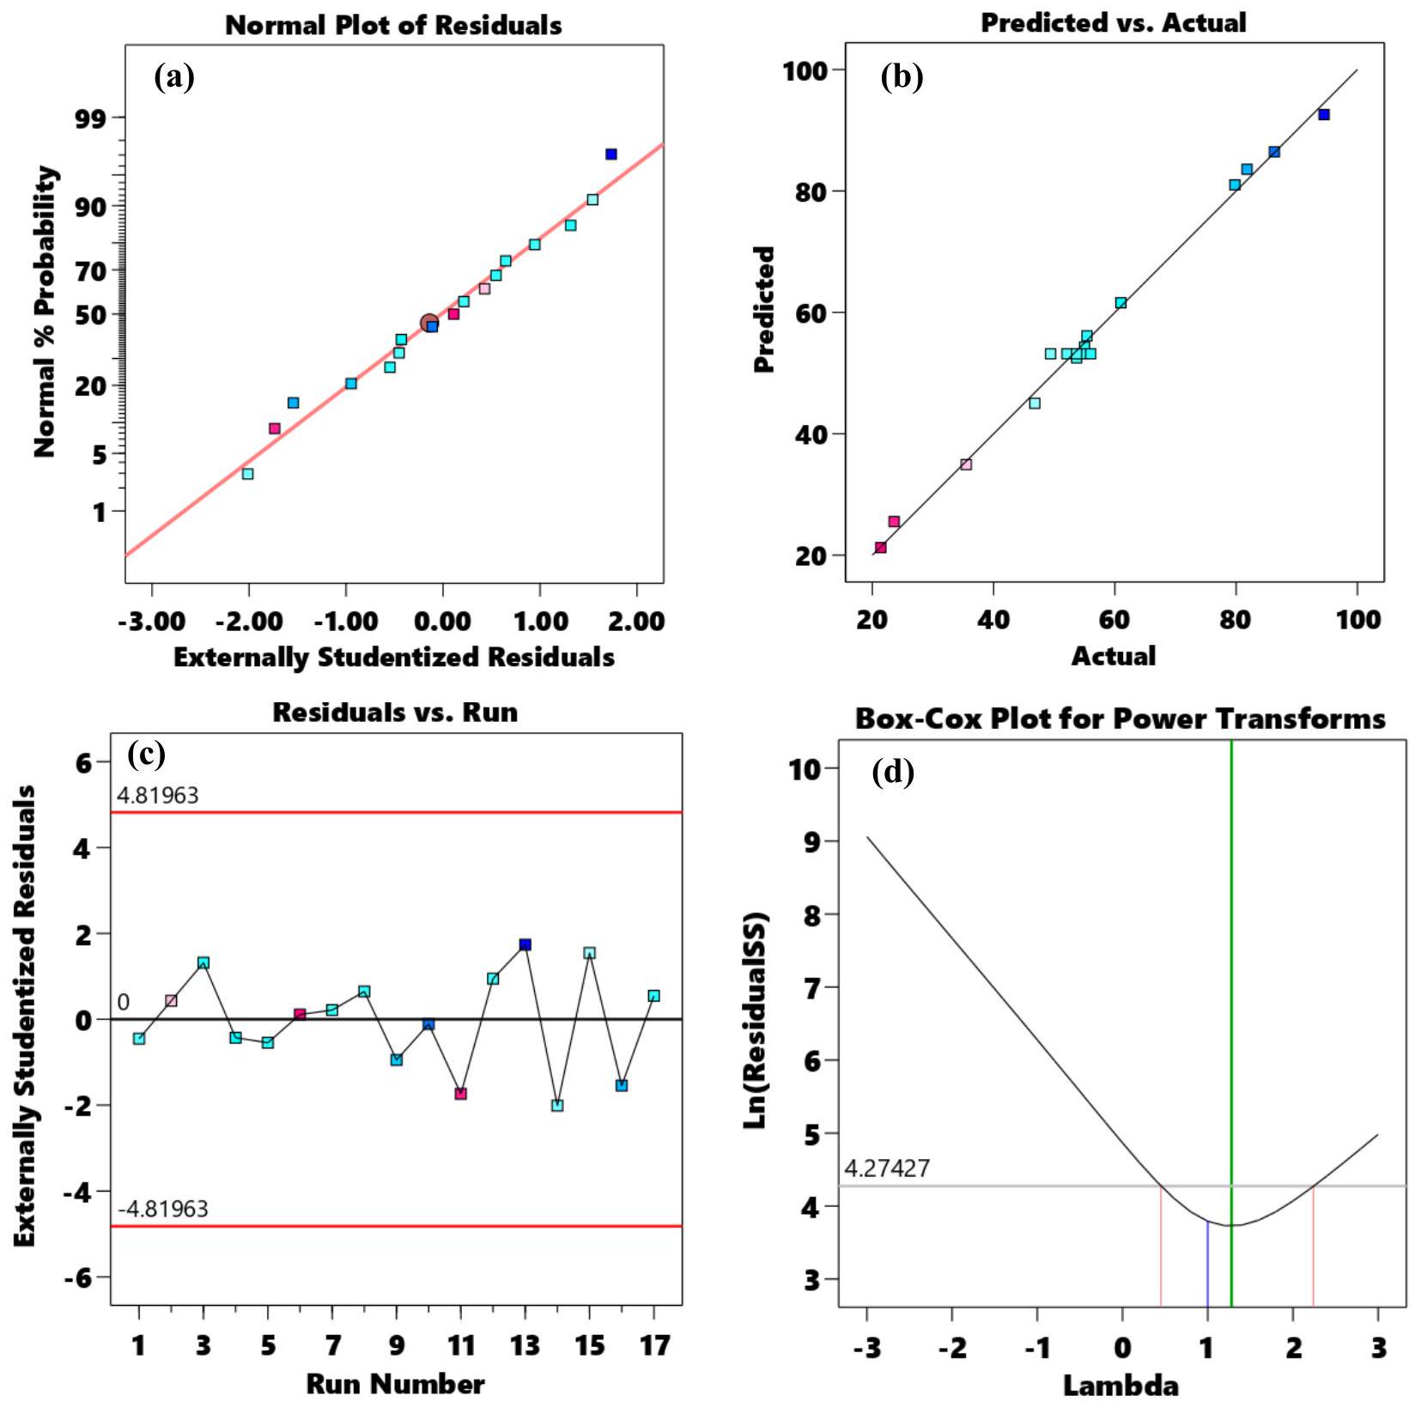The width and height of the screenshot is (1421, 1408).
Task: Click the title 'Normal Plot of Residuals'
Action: [393, 26]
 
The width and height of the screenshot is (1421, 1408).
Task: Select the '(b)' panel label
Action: [902, 77]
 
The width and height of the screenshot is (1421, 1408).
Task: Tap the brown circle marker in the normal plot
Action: [429, 324]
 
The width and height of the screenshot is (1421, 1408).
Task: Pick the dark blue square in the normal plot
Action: [610, 155]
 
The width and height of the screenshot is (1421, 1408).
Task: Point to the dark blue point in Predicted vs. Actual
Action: [1324, 115]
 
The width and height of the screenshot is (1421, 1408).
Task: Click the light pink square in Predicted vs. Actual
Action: [966, 464]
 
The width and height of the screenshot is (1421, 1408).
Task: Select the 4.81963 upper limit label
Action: [157, 796]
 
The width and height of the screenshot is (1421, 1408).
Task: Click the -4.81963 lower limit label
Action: [163, 1210]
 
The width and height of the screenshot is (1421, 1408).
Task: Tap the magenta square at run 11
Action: [461, 1094]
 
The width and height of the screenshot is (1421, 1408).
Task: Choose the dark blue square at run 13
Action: [525, 944]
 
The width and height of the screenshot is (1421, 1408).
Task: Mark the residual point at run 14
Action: [557, 1106]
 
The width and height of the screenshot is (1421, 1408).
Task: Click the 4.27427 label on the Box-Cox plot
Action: [887, 1168]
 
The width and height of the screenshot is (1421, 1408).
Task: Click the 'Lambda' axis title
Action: [1120, 1386]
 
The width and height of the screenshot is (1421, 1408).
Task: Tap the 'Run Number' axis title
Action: [395, 1384]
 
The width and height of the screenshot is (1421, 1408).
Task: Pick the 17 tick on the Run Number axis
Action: [654, 1345]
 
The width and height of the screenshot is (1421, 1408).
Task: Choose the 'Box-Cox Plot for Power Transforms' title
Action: [1120, 719]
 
